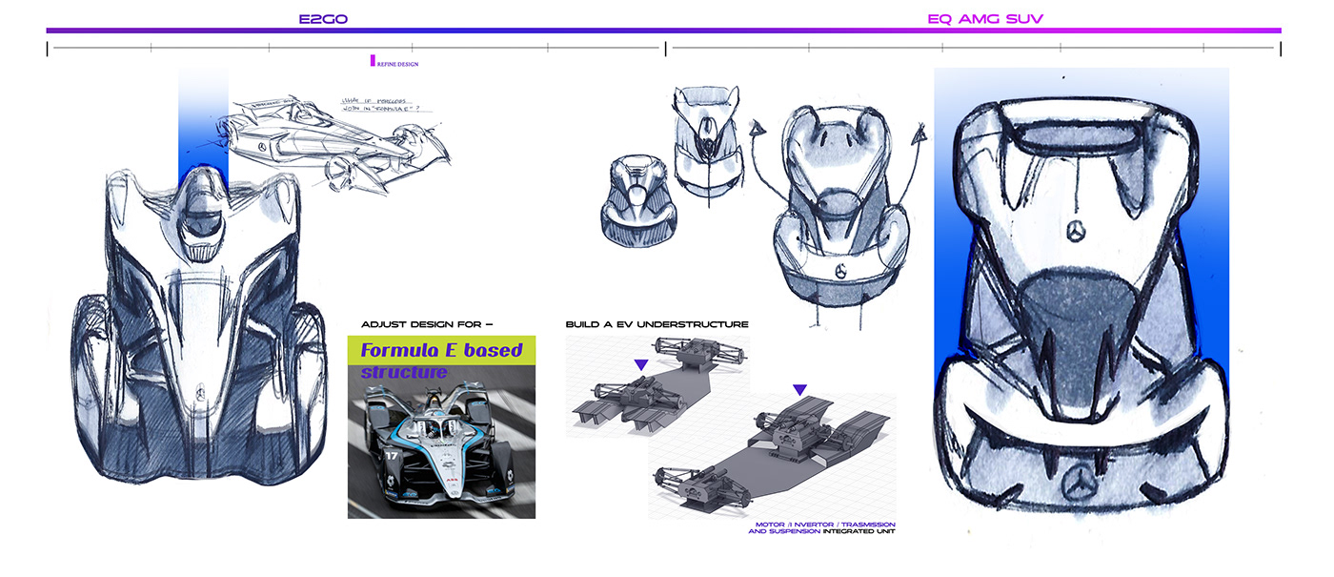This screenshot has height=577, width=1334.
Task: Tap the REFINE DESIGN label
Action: (x=398, y=64)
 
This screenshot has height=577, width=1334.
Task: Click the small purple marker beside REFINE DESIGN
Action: (x=373, y=60)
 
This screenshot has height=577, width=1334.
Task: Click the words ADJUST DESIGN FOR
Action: (x=426, y=324)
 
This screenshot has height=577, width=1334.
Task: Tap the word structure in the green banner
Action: (x=403, y=372)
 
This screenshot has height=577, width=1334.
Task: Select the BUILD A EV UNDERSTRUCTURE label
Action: (x=657, y=324)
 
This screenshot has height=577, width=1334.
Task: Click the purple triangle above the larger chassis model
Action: (x=799, y=389)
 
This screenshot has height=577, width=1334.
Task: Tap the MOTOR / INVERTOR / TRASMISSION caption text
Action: (x=824, y=525)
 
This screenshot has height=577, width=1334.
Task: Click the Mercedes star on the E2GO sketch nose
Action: (x=202, y=392)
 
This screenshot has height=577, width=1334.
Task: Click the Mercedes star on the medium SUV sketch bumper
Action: (x=840, y=273)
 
